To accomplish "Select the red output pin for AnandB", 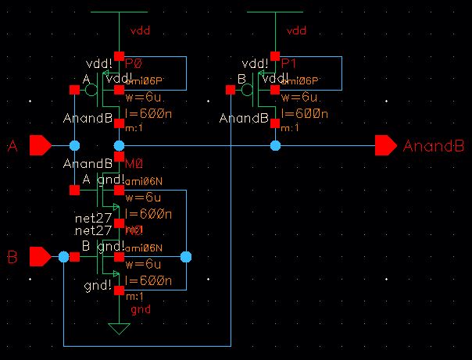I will [x=385, y=145].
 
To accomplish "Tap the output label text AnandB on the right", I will [x=433, y=146].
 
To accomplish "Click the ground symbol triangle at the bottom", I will [x=119, y=328].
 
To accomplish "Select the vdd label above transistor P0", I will [x=141, y=31].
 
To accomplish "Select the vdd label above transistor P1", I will [x=297, y=31].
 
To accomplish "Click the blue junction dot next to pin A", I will [x=74, y=145].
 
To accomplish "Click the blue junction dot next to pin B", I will [x=63, y=256].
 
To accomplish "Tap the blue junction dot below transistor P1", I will [x=275, y=145].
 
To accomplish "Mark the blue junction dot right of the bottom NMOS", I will [x=185, y=256].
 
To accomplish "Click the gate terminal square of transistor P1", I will [x=231, y=90].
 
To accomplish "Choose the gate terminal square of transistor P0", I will [x=74, y=90].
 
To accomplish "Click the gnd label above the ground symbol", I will [x=141, y=309].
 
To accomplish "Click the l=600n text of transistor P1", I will [x=304, y=113].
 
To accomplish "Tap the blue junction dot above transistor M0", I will [x=119, y=145].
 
